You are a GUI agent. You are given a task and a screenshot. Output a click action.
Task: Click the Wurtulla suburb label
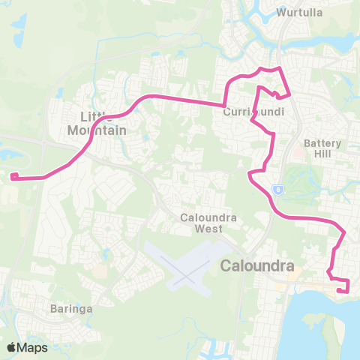tap(299, 13)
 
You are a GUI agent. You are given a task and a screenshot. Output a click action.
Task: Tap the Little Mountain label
tap(101, 123)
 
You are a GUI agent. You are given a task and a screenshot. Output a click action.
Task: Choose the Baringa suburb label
tap(72, 308)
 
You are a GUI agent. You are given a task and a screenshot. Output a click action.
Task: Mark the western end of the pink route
tap(13, 177)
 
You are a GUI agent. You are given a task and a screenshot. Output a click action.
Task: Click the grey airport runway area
tap(184, 266)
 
